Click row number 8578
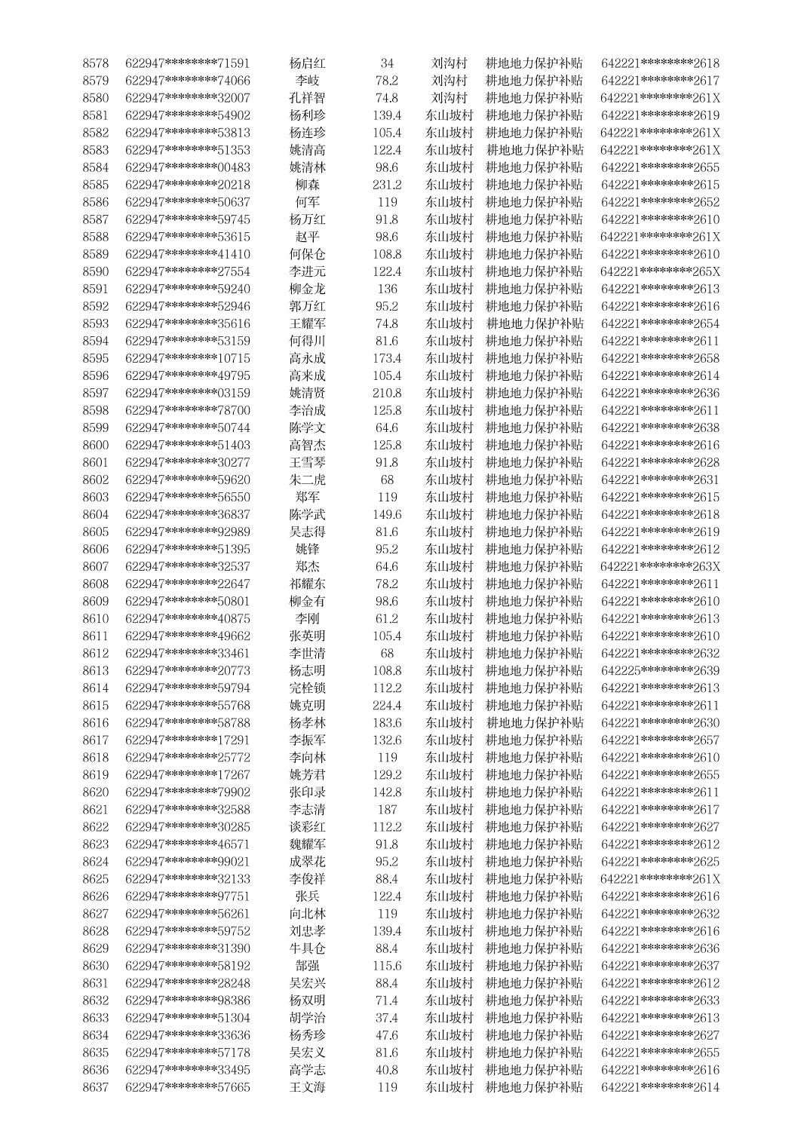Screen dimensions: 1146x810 point(96,63)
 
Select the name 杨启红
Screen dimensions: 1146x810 point(308,63)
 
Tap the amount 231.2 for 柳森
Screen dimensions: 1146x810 point(387,185)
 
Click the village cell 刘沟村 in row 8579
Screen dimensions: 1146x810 point(449,81)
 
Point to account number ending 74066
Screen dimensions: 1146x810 point(188,81)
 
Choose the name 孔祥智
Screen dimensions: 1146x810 point(308,98)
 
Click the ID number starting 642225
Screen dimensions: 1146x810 point(660,670)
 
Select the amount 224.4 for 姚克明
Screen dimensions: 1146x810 point(387,705)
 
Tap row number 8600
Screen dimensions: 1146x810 point(96,445)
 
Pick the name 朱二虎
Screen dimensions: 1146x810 point(308,480)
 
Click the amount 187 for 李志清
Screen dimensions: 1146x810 point(387,809)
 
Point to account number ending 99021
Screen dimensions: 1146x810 point(188,861)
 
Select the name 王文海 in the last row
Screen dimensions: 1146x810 point(308,1086)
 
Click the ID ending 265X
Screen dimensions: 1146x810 point(660,271)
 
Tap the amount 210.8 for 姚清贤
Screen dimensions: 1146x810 point(387,393)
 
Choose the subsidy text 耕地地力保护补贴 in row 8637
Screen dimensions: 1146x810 point(534,1086)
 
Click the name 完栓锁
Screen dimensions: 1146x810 point(308,688)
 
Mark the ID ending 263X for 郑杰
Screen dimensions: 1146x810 point(660,566)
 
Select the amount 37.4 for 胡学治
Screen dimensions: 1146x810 point(387,1017)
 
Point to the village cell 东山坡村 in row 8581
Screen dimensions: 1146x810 point(449,115)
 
